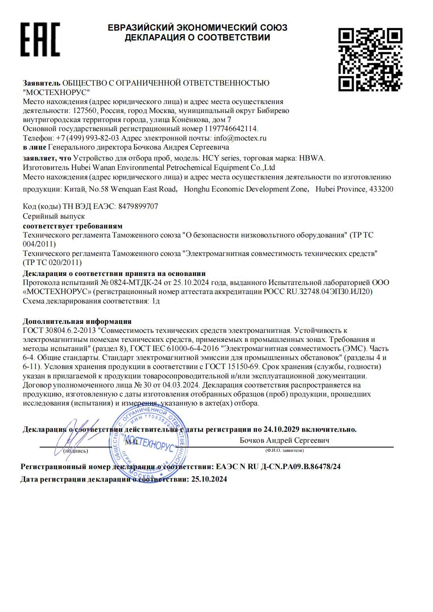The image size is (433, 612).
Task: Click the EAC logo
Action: point(40,39)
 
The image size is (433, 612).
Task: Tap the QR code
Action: point(370,60)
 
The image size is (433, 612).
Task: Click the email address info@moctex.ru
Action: point(240,138)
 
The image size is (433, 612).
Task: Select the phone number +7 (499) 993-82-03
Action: point(87,138)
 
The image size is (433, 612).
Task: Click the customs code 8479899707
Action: point(138,206)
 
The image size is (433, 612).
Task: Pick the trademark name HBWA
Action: point(312,158)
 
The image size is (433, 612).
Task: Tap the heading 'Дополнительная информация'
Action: point(77,322)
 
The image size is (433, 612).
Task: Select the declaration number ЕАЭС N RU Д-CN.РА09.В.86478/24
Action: point(278,467)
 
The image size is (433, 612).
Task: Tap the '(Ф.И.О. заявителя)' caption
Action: point(284,450)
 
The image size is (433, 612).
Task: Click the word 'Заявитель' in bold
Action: point(42,83)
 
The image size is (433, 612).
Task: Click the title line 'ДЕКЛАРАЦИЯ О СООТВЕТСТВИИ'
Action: point(197,38)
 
